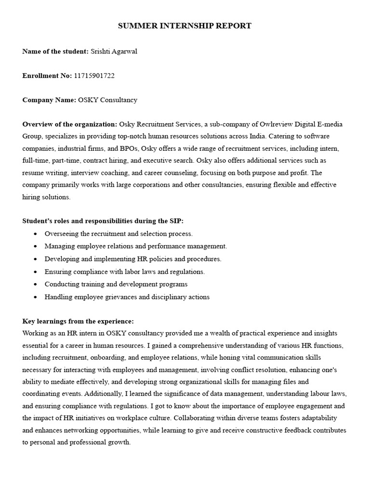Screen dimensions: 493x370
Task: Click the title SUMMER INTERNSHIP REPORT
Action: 185,26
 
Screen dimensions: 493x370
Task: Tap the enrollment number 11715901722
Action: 94,76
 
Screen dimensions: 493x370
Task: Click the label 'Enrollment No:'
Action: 47,76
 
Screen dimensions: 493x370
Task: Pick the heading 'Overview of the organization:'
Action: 69,124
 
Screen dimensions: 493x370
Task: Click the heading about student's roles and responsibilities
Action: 103,221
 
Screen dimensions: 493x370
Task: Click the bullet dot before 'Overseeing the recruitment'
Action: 36,234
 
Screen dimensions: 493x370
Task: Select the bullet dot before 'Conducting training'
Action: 36,285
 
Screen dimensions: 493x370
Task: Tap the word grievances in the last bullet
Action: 120,297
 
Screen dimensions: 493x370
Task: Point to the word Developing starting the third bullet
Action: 61,259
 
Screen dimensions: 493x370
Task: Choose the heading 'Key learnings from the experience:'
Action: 78,321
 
